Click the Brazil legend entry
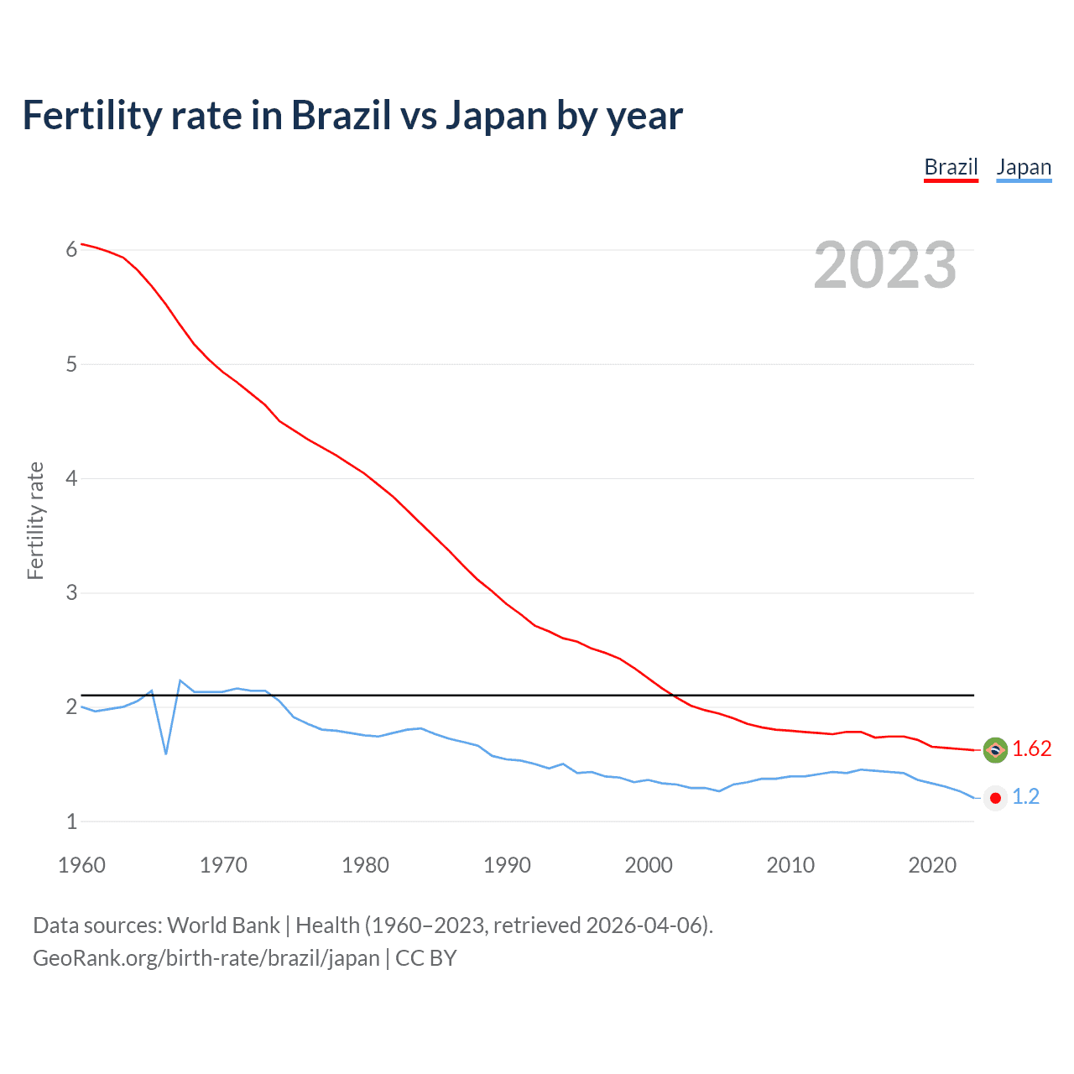tap(951, 167)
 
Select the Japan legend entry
tap(1024, 167)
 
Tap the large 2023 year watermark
tap(885, 265)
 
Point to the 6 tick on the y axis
tap(71, 249)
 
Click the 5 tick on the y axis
tap(71, 364)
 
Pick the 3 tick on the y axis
tap(71, 593)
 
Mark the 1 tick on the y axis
tap(71, 822)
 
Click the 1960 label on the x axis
tap(81, 865)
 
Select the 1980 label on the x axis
tap(365, 865)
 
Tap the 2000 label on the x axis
tap(649, 865)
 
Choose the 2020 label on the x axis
tap(932, 865)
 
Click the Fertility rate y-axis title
tap(35, 520)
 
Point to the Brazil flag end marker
tap(995, 750)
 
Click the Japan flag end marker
tap(995, 798)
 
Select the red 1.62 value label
tap(1031, 749)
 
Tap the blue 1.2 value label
tap(1025, 797)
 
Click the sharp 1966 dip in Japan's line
tap(166, 753)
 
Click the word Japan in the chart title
tap(496, 116)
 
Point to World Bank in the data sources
tap(223, 925)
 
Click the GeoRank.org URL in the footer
tap(206, 958)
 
